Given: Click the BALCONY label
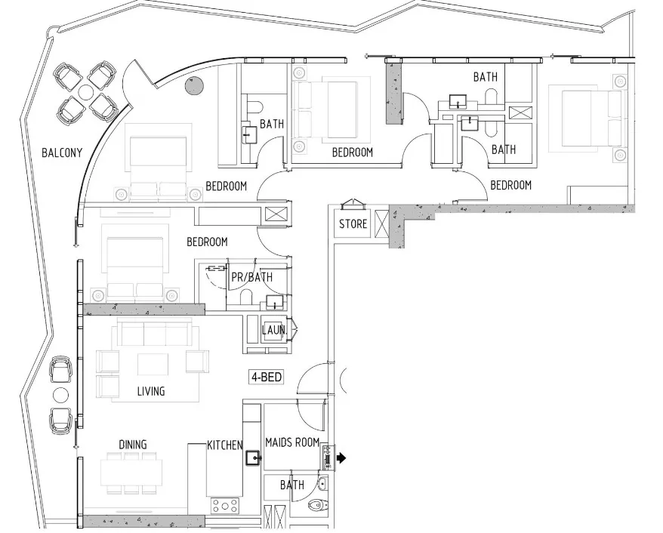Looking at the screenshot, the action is tap(62, 153).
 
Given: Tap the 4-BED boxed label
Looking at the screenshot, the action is tap(267, 377).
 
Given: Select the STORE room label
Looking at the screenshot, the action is tap(353, 223).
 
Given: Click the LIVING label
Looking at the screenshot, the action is tap(151, 391).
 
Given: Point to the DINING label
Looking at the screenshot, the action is tap(133, 445).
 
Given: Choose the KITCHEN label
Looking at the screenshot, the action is tap(225, 445).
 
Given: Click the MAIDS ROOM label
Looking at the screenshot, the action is tap(291, 442).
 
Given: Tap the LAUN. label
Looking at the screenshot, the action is tap(274, 330).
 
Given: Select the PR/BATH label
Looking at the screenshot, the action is tap(251, 277).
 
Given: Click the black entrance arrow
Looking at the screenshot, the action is tap(341, 458).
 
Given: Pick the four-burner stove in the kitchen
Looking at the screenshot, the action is tap(225, 506).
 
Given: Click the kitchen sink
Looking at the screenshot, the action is tap(254, 458).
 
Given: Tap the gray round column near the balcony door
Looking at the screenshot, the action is tap(195, 86).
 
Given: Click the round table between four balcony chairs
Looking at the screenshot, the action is tap(86, 92).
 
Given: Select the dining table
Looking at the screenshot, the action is tap(131, 473).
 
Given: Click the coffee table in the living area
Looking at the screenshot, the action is tap(153, 365).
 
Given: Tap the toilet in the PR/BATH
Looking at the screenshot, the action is tap(245, 297).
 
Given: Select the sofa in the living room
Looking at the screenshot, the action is tap(155, 333).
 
